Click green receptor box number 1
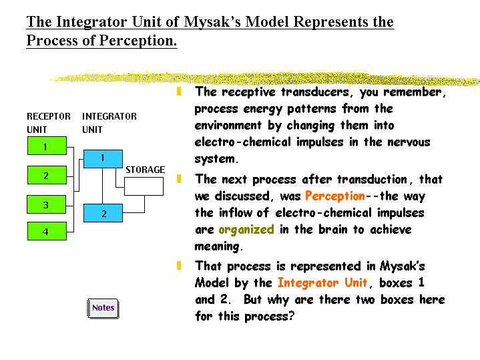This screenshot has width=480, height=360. point(46,146)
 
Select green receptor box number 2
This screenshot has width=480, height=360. point(46,176)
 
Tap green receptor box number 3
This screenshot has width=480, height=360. point(46,205)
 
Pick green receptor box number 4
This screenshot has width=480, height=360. point(46,232)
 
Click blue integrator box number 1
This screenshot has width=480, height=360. point(103,158)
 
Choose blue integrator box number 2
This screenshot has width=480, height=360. point(103,214)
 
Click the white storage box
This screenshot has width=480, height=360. point(145,185)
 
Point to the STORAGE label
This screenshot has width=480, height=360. point(145,170)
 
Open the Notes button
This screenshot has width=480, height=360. point(103,308)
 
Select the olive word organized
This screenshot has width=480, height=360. point(246,229)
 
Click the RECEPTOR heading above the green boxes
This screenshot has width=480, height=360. point(48,116)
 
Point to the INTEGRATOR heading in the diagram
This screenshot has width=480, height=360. point(109,116)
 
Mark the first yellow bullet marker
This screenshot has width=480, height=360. point(179,91)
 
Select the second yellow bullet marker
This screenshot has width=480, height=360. point(179,178)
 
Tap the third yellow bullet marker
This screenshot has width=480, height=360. point(179,265)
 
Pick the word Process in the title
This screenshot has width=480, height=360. point(53,41)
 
